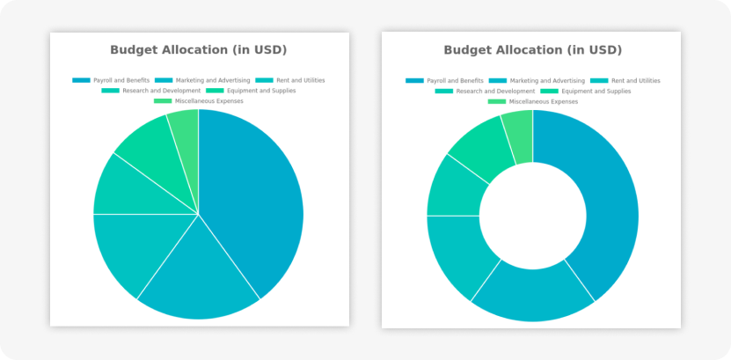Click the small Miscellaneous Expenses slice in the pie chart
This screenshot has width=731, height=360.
(x=185, y=128)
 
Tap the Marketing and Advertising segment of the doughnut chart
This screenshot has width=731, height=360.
(x=532, y=295)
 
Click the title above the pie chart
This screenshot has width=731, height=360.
(x=198, y=50)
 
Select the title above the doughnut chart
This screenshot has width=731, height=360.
(x=532, y=50)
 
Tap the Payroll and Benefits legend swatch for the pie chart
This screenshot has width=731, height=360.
(x=81, y=80)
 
